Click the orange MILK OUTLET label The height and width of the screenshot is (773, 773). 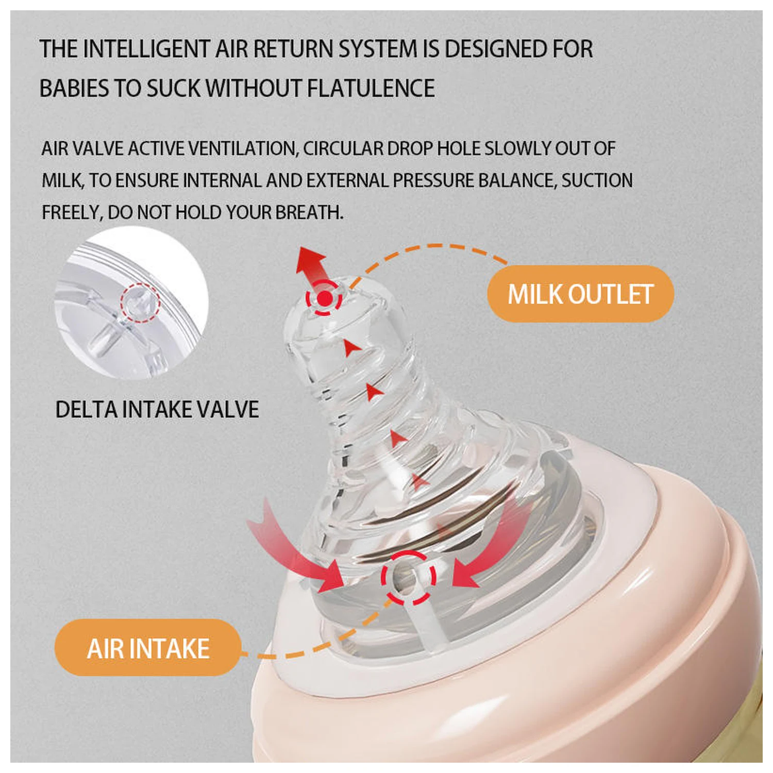[580, 294]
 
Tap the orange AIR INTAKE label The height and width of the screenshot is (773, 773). [148, 648]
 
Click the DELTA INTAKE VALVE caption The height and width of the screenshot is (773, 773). [157, 410]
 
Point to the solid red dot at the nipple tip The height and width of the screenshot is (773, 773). [324, 298]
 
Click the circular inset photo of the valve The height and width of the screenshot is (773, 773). [131, 303]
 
